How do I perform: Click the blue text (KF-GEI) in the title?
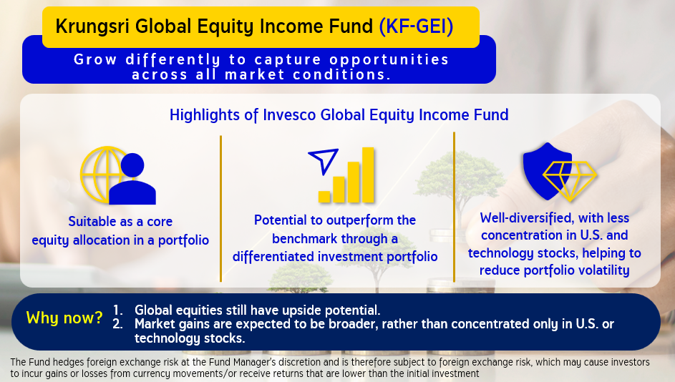[x=416, y=26]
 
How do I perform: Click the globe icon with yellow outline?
[x=103, y=175]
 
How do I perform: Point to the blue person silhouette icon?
[x=132, y=179]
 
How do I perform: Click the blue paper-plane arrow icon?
[x=324, y=161]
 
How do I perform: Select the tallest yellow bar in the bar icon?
[x=368, y=175]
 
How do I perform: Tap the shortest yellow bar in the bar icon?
[x=324, y=197]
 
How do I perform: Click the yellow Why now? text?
[x=64, y=318]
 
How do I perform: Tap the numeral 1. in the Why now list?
[x=118, y=310]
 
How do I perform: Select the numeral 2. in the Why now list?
[x=118, y=324]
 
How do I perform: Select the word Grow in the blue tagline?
[x=95, y=59]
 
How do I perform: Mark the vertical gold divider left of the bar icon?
[x=221, y=209]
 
